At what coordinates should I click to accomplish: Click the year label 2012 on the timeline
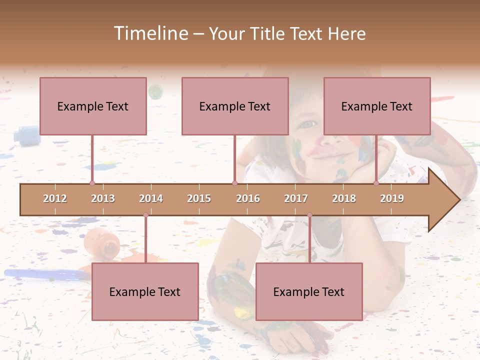pyautogui.click(x=55, y=198)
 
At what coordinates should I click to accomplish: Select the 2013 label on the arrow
pyautogui.click(x=103, y=198)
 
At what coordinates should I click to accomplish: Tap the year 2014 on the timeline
pyautogui.click(x=151, y=198)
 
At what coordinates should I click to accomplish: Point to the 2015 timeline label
pyautogui.click(x=199, y=198)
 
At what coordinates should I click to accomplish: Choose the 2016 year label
pyautogui.click(x=248, y=198)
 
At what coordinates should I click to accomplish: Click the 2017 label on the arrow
pyautogui.click(x=296, y=198)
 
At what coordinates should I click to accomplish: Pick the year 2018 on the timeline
pyautogui.click(x=344, y=198)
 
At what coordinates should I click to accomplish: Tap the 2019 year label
pyautogui.click(x=392, y=198)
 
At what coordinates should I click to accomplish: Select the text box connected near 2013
pyautogui.click(x=93, y=106)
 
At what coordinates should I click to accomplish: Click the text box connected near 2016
pyautogui.click(x=235, y=106)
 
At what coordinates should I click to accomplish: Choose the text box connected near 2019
pyautogui.click(x=377, y=106)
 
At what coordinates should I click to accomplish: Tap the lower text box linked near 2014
pyautogui.click(x=145, y=291)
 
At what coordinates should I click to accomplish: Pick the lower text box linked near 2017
pyautogui.click(x=309, y=291)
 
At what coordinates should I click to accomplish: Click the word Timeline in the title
pyautogui.click(x=150, y=33)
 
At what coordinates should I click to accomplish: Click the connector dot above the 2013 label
pyautogui.click(x=92, y=183)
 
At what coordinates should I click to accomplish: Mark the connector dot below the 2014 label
pyautogui.click(x=145, y=215)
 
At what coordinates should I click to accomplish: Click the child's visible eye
pyautogui.click(x=308, y=123)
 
